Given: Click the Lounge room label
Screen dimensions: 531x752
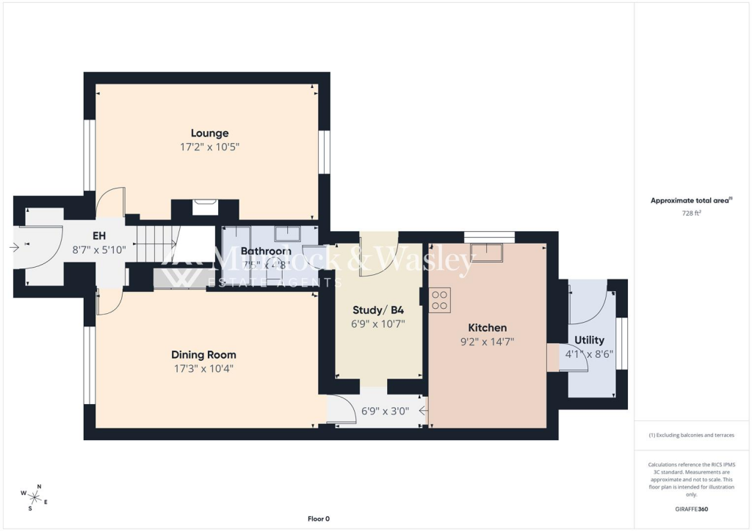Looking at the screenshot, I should [x=210, y=133].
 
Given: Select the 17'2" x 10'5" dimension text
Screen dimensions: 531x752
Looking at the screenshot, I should [x=210, y=147].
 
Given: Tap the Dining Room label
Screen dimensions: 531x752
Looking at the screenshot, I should [x=203, y=355].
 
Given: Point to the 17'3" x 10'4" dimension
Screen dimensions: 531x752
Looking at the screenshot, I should [x=203, y=368].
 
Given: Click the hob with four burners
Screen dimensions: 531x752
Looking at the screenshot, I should [x=440, y=299].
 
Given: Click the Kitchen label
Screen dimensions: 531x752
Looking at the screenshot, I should [x=488, y=328].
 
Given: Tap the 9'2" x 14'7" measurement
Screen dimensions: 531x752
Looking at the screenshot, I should [x=488, y=341].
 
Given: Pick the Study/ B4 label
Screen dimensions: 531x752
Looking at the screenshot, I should [x=379, y=310].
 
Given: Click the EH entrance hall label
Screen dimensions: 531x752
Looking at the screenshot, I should [x=100, y=236].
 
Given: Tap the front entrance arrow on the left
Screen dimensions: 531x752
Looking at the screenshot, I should [x=15, y=247].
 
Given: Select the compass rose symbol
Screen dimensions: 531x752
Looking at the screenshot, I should [x=34, y=497].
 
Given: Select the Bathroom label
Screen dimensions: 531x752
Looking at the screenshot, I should [x=266, y=251].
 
